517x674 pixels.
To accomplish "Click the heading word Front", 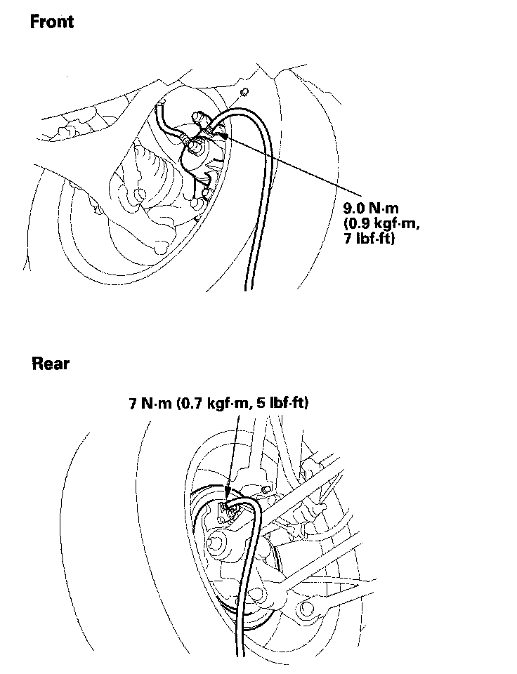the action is click(x=51, y=22).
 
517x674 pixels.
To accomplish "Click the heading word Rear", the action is click(x=51, y=364).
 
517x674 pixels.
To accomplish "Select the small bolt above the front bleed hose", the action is click(x=244, y=93).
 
